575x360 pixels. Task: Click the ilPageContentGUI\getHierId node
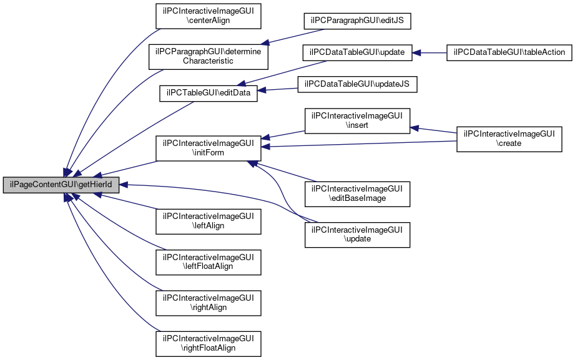[61, 185]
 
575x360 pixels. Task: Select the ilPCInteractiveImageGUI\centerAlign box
[208, 15]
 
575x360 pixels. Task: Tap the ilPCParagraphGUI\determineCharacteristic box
[208, 56]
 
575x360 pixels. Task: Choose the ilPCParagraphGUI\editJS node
[358, 21]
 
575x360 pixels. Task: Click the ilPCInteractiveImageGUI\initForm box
[208, 147]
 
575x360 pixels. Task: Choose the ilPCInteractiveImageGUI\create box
[509, 139]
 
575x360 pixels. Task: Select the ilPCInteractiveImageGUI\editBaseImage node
[357, 193]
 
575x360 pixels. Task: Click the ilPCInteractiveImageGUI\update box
[357, 234]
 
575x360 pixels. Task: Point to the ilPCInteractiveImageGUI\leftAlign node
[208, 221]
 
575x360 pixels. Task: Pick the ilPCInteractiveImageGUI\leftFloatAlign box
[208, 261]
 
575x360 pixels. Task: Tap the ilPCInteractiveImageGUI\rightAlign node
[208, 303]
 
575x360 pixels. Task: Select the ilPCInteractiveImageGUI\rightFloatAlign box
[208, 343]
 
